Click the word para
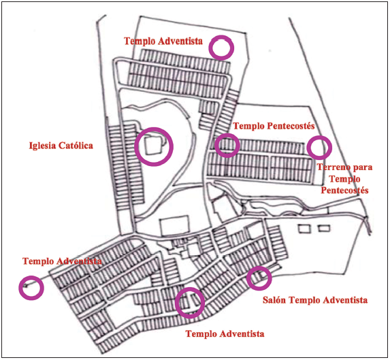point(363,168)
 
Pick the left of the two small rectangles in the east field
point(305,229)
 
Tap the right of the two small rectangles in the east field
point(325,228)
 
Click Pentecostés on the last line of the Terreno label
point(344,190)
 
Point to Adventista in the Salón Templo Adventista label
point(344,300)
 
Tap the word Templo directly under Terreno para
point(344,179)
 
